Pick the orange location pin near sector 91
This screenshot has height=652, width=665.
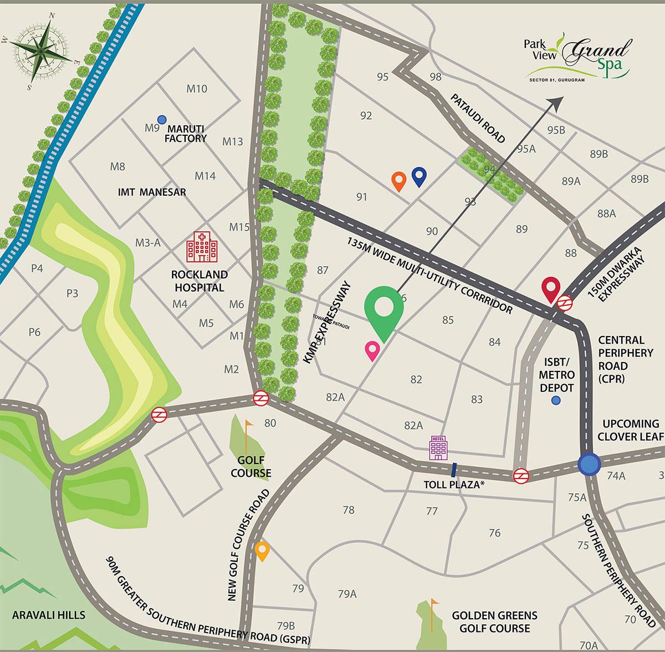(x=398, y=181)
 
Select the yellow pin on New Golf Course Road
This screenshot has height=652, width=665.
(x=262, y=551)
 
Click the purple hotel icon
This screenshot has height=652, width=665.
(x=438, y=447)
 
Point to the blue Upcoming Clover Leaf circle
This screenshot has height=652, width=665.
(x=588, y=464)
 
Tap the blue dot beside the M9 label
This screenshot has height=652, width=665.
(x=162, y=119)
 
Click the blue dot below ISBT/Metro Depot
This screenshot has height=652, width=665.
(x=556, y=400)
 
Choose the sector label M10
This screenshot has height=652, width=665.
(x=197, y=89)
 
